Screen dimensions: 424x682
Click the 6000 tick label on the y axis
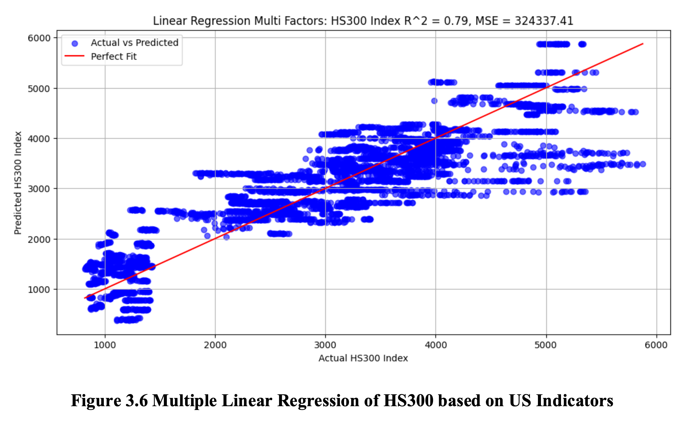(x=39, y=38)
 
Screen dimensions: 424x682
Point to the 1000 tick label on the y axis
(x=39, y=290)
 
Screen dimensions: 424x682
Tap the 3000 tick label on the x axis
(x=325, y=345)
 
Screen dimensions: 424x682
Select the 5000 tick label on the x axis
(x=546, y=345)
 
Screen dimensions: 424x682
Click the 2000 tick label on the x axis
(x=215, y=345)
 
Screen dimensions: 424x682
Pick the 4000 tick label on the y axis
(x=39, y=139)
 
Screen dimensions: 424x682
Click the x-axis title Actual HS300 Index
(x=363, y=358)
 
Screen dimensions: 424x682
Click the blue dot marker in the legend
(x=74, y=44)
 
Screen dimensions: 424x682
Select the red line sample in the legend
(x=74, y=56)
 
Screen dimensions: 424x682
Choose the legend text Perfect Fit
(x=114, y=57)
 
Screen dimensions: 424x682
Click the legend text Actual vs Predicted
(x=134, y=43)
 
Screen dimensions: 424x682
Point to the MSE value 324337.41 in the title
(x=544, y=21)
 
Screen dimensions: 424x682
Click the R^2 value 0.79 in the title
(x=456, y=21)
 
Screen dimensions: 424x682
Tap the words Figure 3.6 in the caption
(x=109, y=400)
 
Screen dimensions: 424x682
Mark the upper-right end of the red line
(x=643, y=44)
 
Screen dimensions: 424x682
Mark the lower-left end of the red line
(x=85, y=298)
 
